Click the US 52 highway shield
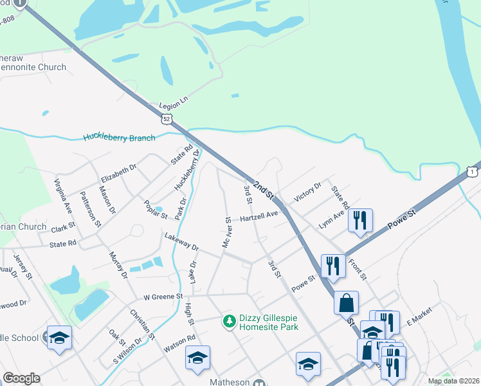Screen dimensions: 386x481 pyautogui.click(x=167, y=119)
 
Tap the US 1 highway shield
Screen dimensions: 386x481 pyautogui.click(x=471, y=172)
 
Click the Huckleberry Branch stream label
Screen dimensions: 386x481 pyautogui.click(x=119, y=138)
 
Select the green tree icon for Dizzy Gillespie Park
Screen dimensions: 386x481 pyautogui.click(x=228, y=320)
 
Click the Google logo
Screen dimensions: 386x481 pyautogui.click(x=21, y=378)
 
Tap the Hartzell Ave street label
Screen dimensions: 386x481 pyautogui.click(x=259, y=217)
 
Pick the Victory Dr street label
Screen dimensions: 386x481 pyautogui.click(x=307, y=192)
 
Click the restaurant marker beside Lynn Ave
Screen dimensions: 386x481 pyautogui.click(x=359, y=220)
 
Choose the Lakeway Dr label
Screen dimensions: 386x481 pyautogui.click(x=181, y=242)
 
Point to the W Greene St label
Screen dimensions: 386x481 pyautogui.click(x=163, y=297)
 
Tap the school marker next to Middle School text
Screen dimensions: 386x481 pyautogui.click(x=59, y=338)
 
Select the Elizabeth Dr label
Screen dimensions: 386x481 pyautogui.click(x=119, y=174)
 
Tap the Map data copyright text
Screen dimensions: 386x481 pyautogui.click(x=453, y=381)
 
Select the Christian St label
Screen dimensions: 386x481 pyautogui.click(x=143, y=323)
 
